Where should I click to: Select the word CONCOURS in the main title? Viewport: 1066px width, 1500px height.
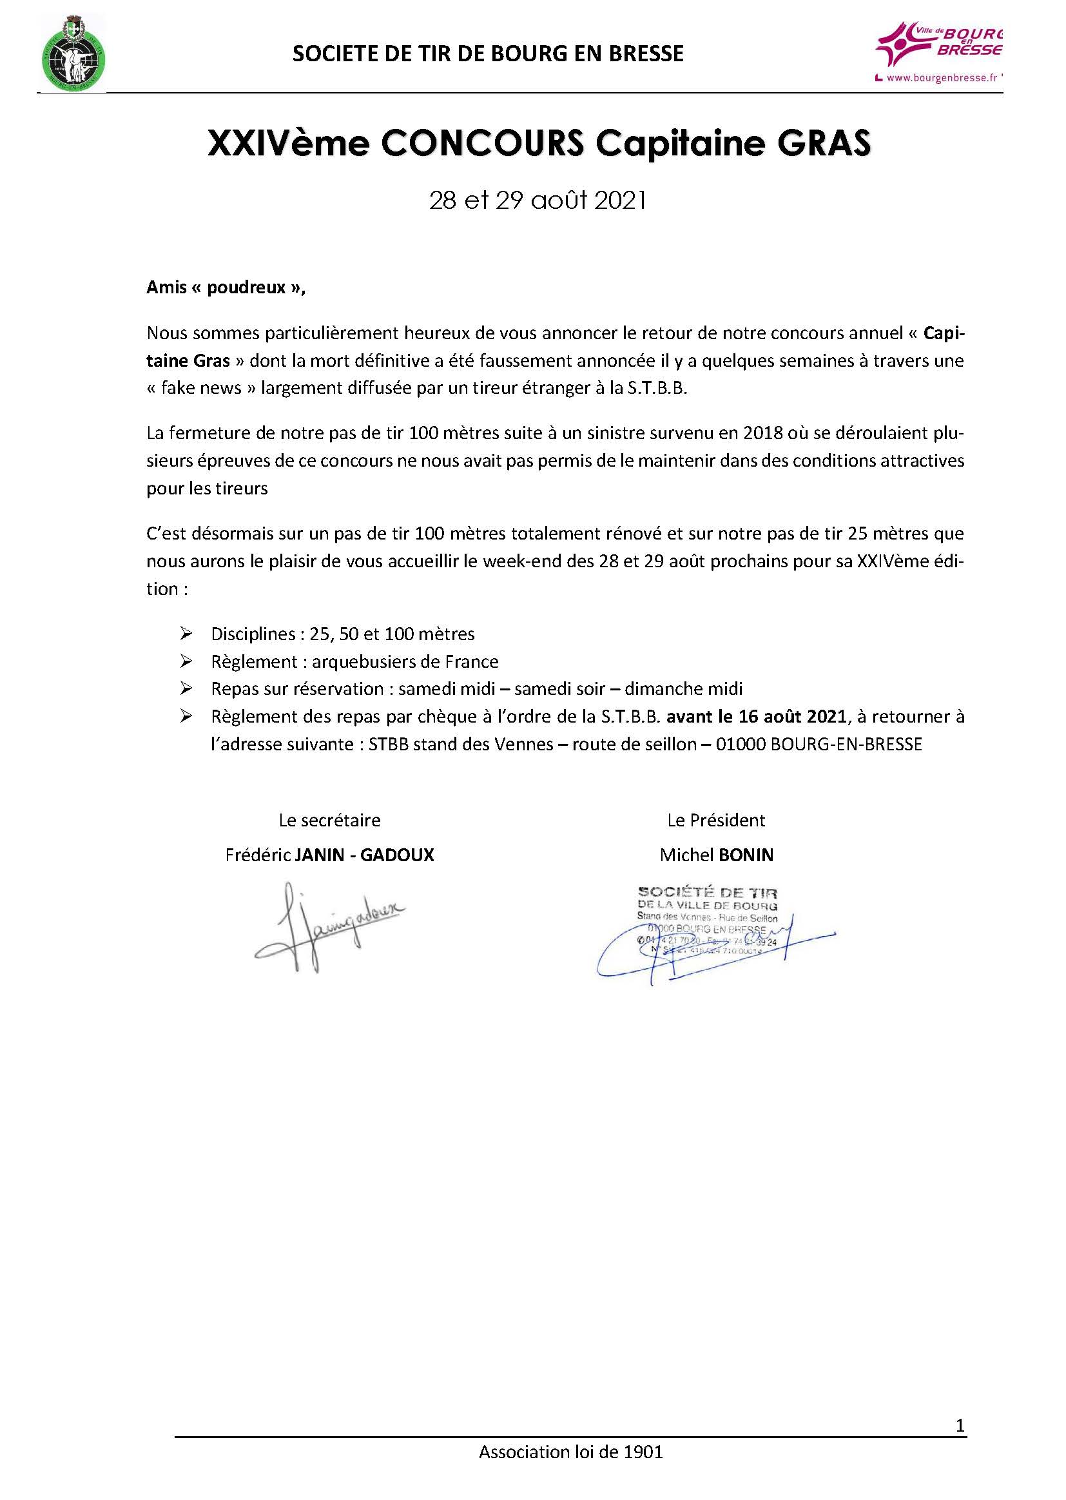[482, 144]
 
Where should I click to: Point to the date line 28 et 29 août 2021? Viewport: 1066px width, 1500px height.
[538, 200]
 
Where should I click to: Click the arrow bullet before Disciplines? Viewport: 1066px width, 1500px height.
[186, 634]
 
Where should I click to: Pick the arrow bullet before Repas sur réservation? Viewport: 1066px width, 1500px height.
[186, 688]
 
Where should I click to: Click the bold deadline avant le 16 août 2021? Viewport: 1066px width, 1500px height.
[755, 716]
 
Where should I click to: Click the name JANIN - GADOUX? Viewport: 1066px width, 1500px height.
[364, 855]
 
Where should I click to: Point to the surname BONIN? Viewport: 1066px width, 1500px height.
[746, 855]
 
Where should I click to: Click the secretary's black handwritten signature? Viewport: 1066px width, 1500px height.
[328, 926]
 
